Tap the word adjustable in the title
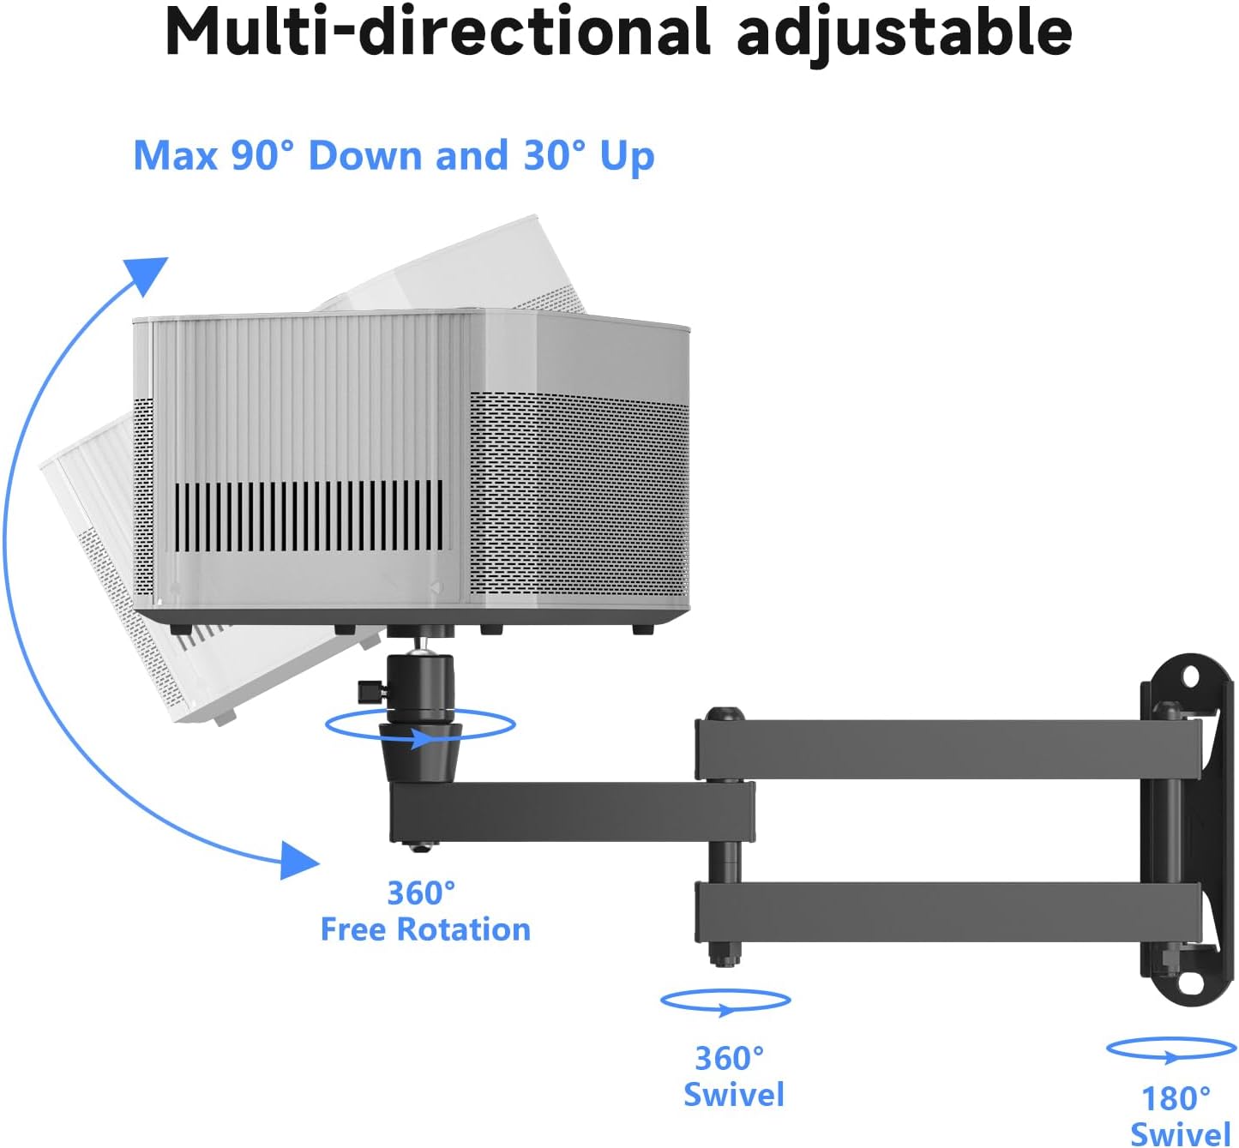(x=904, y=33)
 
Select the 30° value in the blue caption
(x=554, y=156)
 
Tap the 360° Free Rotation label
(x=424, y=911)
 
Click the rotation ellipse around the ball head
(x=420, y=725)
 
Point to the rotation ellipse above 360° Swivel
(x=725, y=1001)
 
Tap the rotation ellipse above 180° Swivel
(x=1171, y=1049)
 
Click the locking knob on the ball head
(x=370, y=690)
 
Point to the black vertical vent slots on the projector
(x=309, y=514)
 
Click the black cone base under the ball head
(x=421, y=754)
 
